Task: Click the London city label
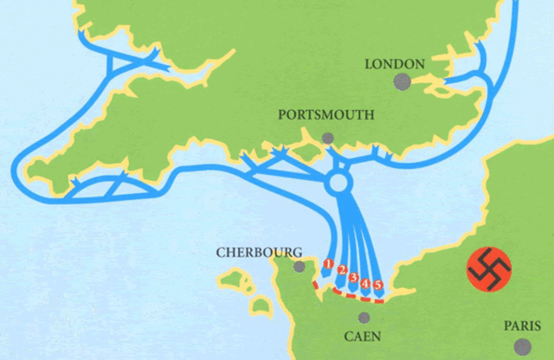point(395,64)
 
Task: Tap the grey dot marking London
point(402,82)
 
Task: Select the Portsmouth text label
point(326,114)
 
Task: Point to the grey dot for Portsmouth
point(327,138)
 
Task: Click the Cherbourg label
point(259,252)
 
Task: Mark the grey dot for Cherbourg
point(300,267)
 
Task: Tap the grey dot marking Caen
point(364,318)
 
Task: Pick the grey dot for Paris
point(521,346)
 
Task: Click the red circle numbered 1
point(328,262)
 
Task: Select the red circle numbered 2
point(342,271)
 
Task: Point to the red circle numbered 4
point(366,282)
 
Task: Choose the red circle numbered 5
point(378,285)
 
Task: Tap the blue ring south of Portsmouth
point(338,184)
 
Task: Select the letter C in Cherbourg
point(220,252)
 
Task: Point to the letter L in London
point(369,64)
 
